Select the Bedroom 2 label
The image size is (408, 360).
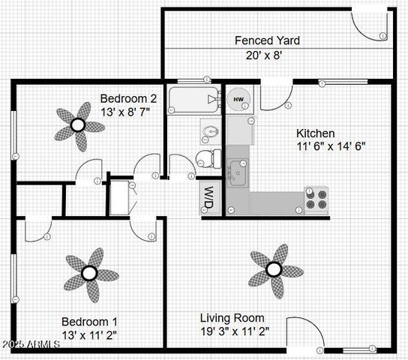128,98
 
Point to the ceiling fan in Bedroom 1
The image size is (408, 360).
89,272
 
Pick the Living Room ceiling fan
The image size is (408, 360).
274,268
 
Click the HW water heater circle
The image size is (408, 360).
239,100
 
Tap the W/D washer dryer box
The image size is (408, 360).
207,196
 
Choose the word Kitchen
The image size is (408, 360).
316,133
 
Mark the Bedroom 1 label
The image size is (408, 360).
88,321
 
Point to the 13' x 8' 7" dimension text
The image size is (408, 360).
125,112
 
